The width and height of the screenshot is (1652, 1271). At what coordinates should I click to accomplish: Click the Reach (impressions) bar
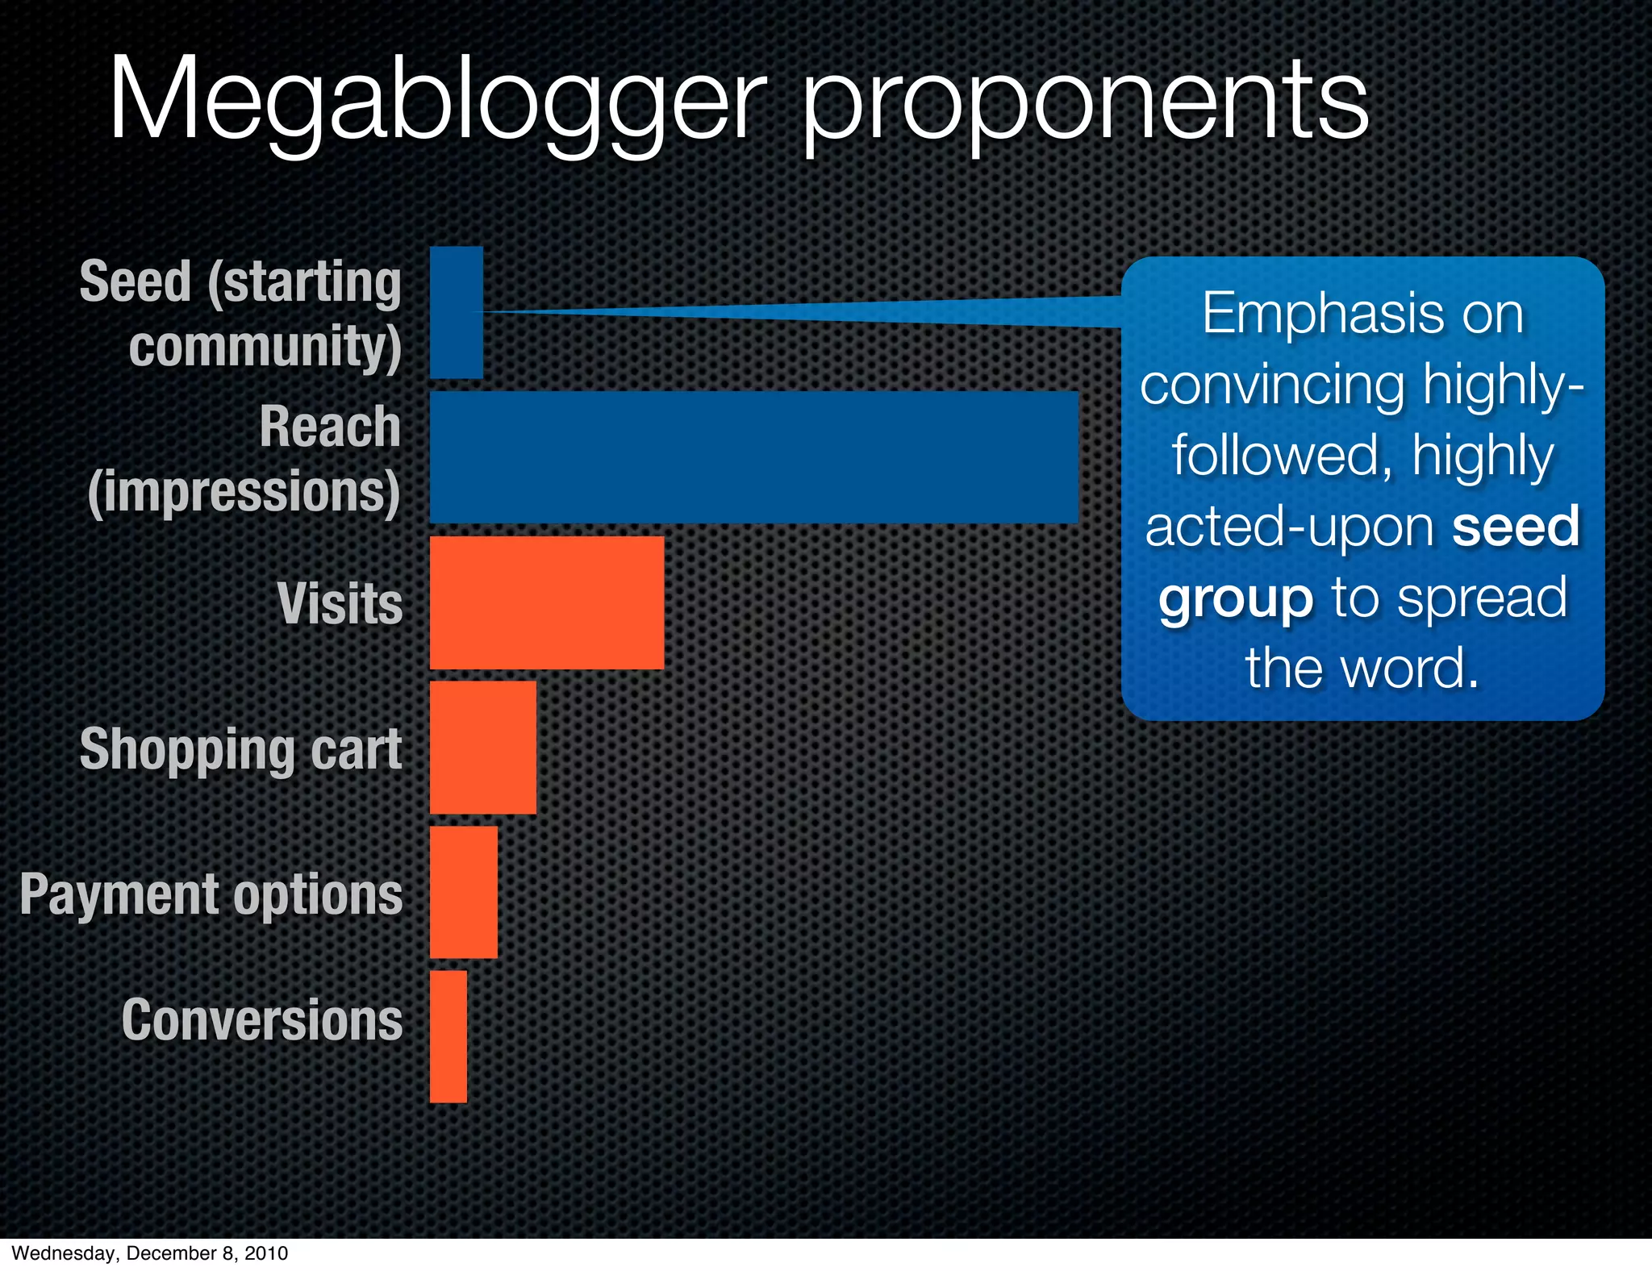(753, 457)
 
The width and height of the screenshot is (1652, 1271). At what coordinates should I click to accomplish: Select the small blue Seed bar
(456, 312)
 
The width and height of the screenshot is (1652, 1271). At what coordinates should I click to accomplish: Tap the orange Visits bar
(546, 602)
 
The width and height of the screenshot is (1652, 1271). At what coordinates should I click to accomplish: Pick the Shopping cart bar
(482, 748)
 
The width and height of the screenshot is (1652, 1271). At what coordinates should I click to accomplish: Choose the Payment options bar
(463, 892)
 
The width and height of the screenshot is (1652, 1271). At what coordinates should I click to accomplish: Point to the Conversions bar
(448, 1036)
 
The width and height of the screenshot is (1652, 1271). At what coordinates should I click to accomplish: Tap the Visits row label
(340, 603)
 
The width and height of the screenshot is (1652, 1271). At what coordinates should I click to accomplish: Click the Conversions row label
(262, 1020)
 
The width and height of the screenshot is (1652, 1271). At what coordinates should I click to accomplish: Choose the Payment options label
(211, 895)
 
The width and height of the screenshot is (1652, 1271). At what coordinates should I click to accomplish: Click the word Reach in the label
(330, 427)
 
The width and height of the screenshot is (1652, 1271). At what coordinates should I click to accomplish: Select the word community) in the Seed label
(265, 347)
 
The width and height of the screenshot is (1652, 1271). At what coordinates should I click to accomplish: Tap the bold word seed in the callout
(1515, 527)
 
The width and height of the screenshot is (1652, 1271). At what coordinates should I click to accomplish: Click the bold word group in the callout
(1236, 598)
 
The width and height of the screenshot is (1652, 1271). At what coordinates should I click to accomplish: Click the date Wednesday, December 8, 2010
(150, 1253)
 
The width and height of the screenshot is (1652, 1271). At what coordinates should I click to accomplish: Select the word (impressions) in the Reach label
(244, 492)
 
